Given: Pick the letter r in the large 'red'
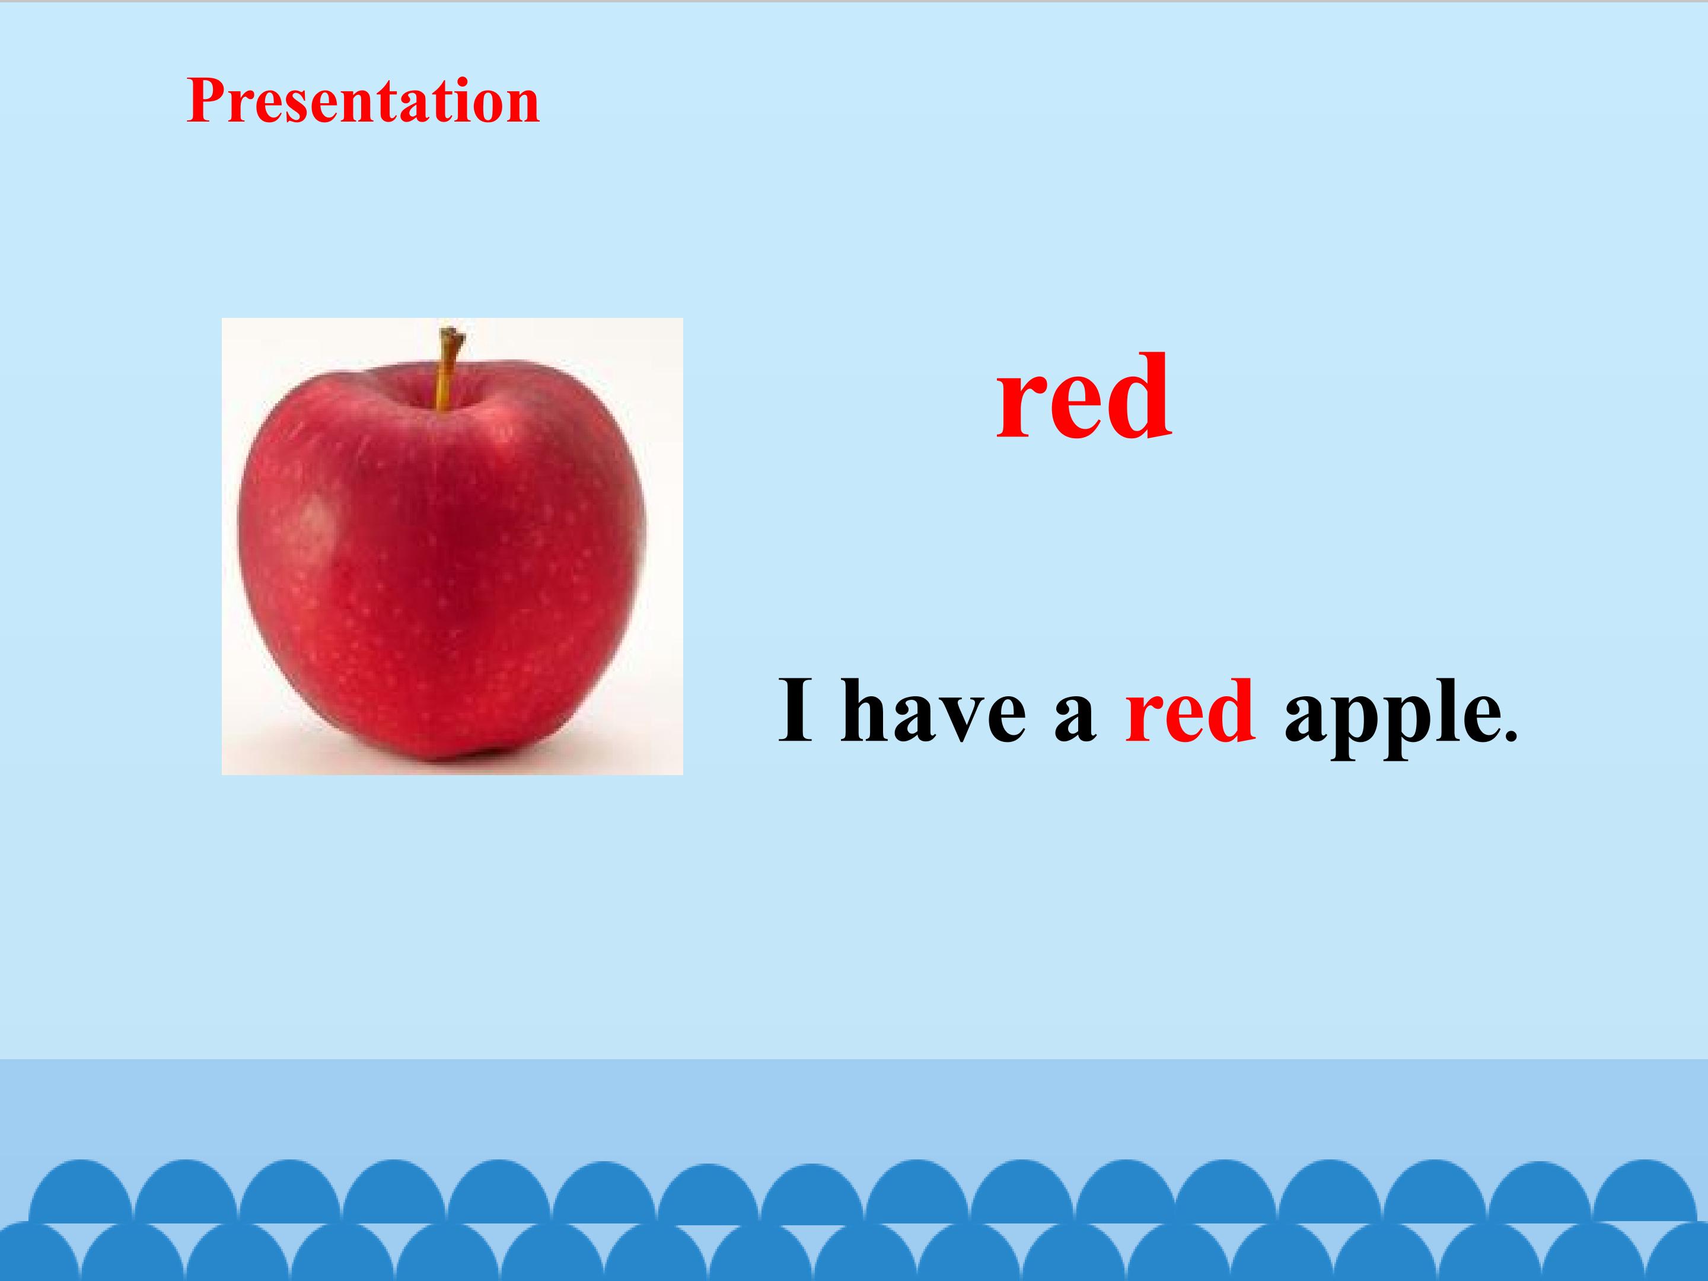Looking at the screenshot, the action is point(1020,409).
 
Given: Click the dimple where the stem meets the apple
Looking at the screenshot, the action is point(442,403).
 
